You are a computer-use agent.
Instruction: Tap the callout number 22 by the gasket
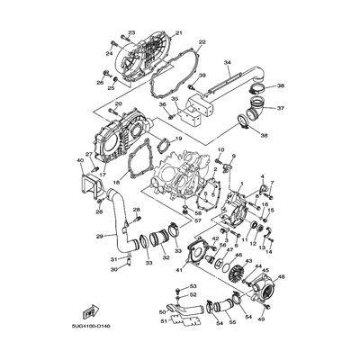click(x=201, y=42)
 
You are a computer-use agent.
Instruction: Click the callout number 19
click(x=178, y=139)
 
